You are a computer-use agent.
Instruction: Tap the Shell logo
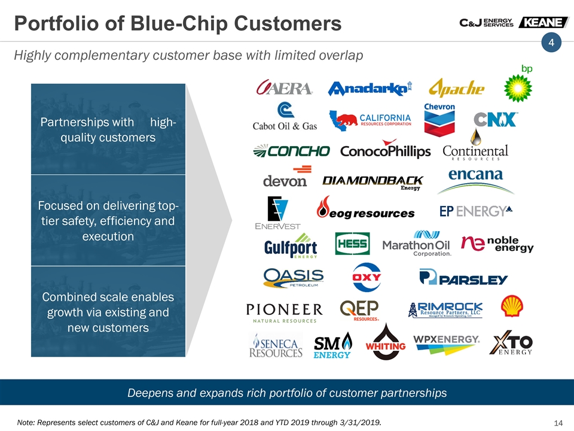coord(512,306)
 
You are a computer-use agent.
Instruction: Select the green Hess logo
coord(352,244)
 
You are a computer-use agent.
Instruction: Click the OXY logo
coord(367,277)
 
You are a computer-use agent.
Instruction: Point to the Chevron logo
coord(439,120)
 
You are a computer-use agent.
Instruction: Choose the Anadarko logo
coord(370,89)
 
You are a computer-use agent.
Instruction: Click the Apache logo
coord(456,88)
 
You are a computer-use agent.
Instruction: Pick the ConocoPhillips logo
coord(386,149)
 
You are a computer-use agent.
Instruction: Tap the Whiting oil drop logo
coord(386,342)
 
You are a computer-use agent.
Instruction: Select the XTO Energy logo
coord(511,343)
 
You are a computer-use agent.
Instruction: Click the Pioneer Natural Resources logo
coord(285,313)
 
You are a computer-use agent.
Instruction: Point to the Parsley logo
coord(463,277)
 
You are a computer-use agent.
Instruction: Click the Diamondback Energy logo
coord(373,183)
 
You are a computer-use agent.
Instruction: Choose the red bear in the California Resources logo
coord(346,120)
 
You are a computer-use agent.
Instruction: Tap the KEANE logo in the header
coord(544,22)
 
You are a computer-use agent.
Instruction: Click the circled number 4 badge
coord(551,43)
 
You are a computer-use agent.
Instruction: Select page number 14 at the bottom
coord(558,423)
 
